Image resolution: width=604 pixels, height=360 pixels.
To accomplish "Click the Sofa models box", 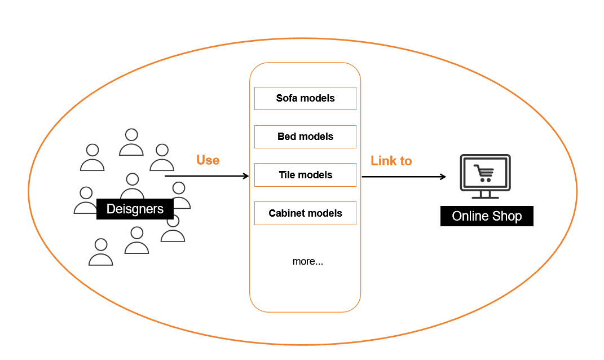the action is [x=305, y=98].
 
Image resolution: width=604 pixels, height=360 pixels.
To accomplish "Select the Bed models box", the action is [x=305, y=137].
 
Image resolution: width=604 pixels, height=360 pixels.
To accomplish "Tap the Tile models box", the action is [x=305, y=175].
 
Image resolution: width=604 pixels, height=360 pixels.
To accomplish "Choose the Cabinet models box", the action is [x=305, y=213].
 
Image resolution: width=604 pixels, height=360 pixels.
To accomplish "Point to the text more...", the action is [x=308, y=261].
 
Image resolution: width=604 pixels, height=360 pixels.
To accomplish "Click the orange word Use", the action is [x=208, y=160].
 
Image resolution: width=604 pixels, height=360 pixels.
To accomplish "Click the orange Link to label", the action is [x=391, y=161].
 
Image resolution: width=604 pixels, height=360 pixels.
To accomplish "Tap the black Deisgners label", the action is [x=135, y=209].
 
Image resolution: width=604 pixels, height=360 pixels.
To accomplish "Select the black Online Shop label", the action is [x=487, y=216].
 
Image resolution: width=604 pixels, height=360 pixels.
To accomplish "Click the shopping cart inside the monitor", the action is [x=484, y=173].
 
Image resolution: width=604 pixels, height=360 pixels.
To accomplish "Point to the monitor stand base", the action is [x=486, y=197].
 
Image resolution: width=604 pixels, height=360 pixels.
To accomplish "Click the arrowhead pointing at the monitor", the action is [x=443, y=177].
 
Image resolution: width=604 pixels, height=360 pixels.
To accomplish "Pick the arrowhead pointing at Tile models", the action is [x=246, y=176].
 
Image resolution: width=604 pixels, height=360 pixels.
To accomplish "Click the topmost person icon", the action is [x=131, y=142].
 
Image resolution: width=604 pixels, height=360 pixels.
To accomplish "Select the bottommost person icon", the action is [x=100, y=252].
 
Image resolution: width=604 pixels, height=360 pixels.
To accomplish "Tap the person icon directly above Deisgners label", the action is [x=132, y=186].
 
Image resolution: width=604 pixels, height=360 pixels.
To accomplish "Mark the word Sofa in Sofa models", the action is [x=286, y=98].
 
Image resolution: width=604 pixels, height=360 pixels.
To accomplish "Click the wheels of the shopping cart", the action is [x=486, y=180].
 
